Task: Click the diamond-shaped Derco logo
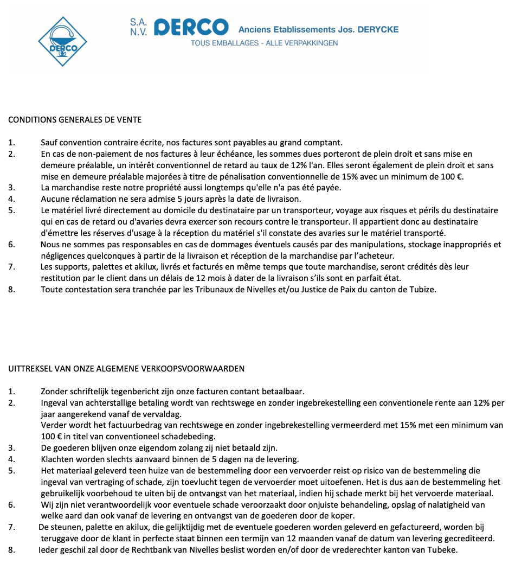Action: click(x=62, y=42)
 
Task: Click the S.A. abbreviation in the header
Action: click(x=138, y=22)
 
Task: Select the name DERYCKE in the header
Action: click(x=378, y=29)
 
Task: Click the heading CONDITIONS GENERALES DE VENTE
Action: click(x=75, y=120)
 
